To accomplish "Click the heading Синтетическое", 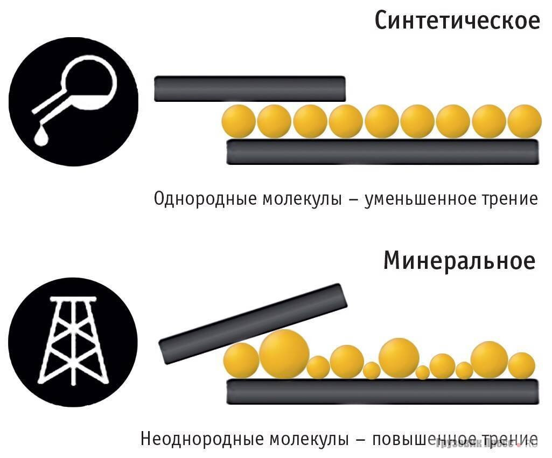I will click(x=457, y=22).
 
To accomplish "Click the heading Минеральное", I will click(x=459, y=261).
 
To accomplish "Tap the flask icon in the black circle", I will click(x=73, y=101).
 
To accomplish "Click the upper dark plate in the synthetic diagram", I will click(x=249, y=89).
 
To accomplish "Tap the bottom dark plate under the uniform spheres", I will click(x=382, y=152).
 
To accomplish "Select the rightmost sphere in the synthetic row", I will click(x=524, y=121).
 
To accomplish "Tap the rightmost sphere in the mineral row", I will click(x=521, y=366).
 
